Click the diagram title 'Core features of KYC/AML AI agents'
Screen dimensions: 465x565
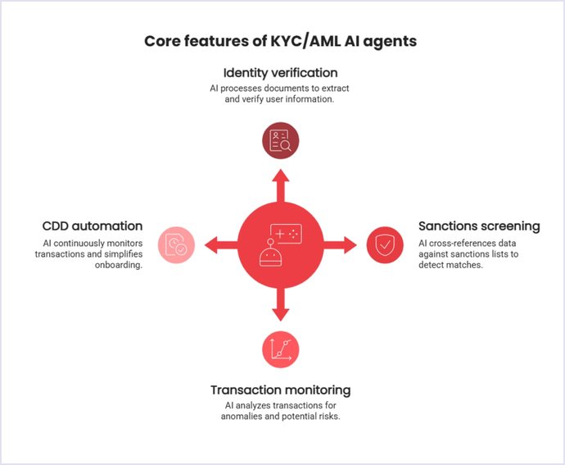click(281, 40)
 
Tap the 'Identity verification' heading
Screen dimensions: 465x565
click(281, 72)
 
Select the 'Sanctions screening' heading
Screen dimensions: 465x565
click(479, 226)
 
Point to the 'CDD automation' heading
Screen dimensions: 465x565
click(93, 226)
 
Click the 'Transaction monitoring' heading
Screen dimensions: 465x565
click(280, 390)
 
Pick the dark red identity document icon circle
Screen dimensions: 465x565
click(280, 139)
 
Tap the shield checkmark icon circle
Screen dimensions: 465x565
click(384, 244)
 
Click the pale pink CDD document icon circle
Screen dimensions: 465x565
click(175, 244)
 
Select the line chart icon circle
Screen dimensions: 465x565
click(280, 349)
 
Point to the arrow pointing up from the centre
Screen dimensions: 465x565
click(280, 184)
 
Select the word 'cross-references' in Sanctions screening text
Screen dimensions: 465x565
click(463, 244)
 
